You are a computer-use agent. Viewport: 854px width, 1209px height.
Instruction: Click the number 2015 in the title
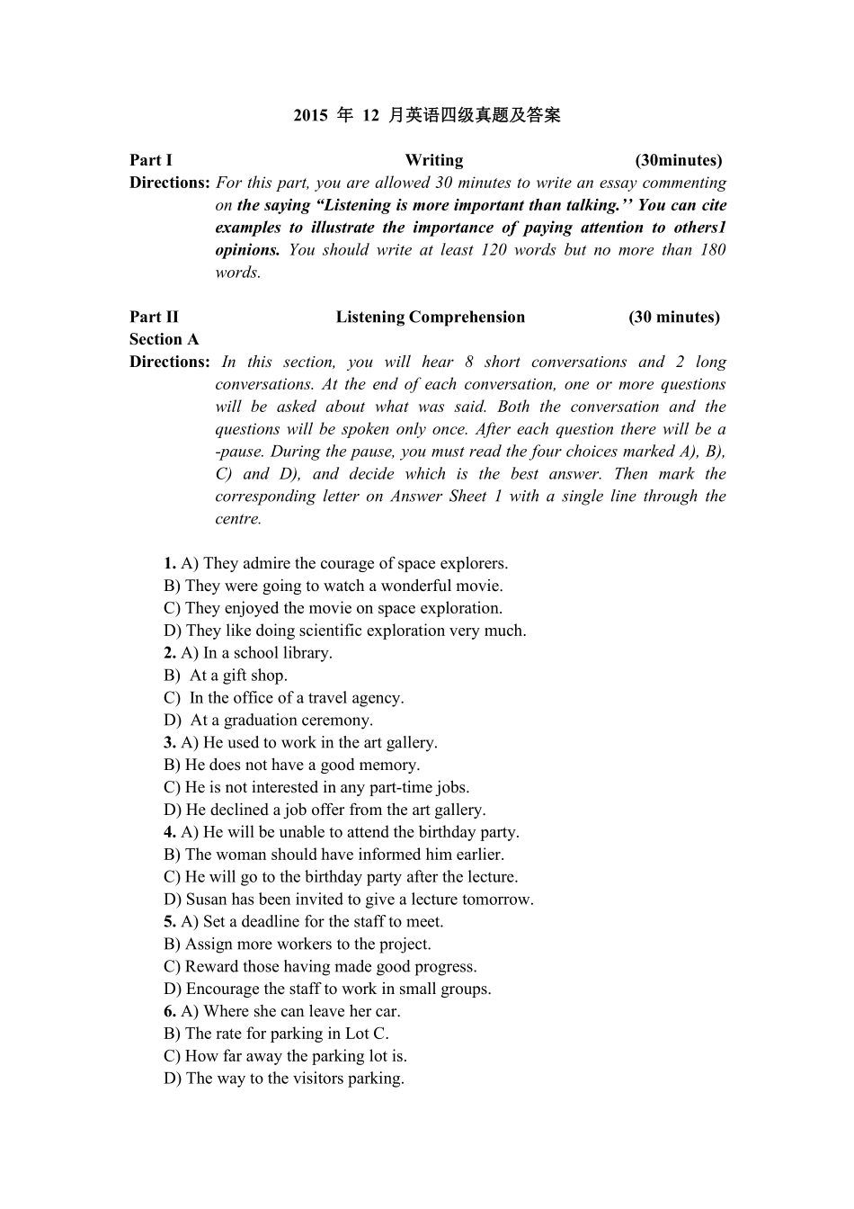tap(310, 115)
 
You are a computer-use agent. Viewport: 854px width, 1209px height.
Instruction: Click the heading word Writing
tap(433, 160)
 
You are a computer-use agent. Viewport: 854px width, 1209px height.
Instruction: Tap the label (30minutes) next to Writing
tap(678, 160)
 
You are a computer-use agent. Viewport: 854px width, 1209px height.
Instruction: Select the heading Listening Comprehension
tap(430, 317)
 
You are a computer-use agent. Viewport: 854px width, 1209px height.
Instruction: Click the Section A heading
tap(164, 339)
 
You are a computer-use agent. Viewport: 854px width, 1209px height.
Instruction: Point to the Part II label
tap(154, 317)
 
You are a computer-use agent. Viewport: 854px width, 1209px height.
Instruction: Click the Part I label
tap(150, 160)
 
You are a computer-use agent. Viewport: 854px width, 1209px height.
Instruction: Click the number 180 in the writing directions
tap(712, 250)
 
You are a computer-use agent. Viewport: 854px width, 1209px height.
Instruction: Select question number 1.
tap(169, 564)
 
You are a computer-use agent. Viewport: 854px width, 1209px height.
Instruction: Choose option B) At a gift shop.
tap(226, 676)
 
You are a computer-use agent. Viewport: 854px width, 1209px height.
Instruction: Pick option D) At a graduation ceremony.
tap(268, 721)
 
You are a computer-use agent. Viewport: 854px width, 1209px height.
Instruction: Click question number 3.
tap(169, 743)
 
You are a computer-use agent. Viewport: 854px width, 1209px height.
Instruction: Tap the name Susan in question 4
tap(206, 900)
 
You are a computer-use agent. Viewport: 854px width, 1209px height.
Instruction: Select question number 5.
tap(169, 922)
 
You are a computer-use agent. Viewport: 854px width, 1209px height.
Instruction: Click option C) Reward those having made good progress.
tap(320, 967)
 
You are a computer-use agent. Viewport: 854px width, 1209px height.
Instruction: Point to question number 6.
tap(169, 1011)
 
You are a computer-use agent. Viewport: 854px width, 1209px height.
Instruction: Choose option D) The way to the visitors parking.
tap(284, 1079)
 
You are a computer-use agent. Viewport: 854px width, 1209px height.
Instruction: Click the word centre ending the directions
tap(237, 519)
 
